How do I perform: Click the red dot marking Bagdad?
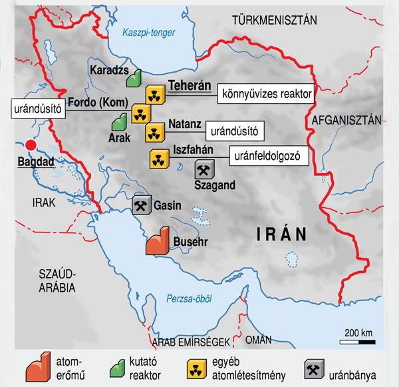pos(29,145)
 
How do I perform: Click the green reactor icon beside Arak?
pos(119,123)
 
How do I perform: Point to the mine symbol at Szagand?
pos(204,170)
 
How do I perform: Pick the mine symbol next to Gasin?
pos(141,205)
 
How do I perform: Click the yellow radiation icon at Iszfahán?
pos(159,159)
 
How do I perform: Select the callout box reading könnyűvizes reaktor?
pos(265,95)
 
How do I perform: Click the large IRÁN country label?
pos(282,234)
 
